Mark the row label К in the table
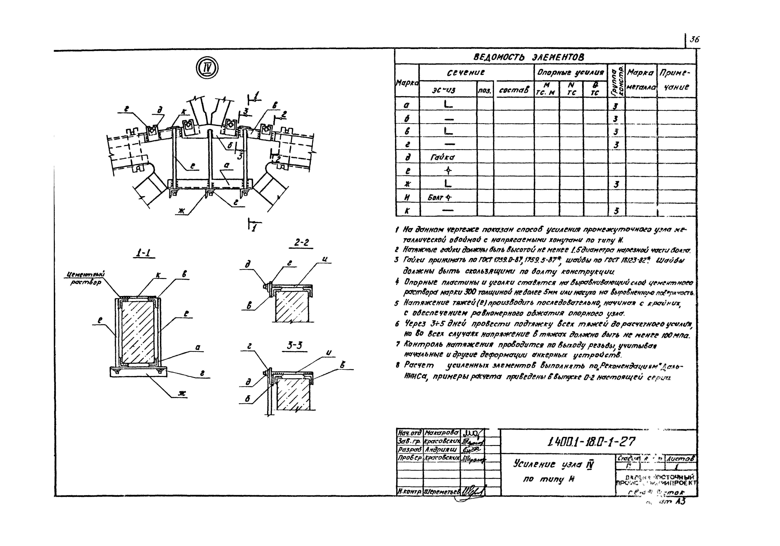[x=407, y=211]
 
